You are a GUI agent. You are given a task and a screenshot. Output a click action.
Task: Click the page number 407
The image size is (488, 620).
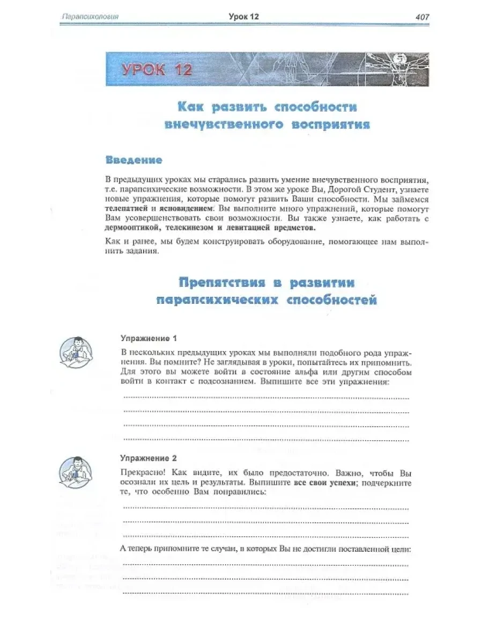coord(422,17)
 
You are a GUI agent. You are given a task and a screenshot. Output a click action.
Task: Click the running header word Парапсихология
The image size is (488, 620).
coord(90,17)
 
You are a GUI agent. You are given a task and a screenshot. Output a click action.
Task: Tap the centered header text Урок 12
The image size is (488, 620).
coord(244,17)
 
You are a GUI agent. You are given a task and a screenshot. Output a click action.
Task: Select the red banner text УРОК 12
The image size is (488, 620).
coord(157,70)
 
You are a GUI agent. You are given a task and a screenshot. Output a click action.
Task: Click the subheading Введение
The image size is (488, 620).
coord(134,161)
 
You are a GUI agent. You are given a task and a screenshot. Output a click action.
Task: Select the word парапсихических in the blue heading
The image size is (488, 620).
coord(217,300)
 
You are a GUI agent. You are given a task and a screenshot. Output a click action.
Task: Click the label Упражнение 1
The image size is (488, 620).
coord(149,339)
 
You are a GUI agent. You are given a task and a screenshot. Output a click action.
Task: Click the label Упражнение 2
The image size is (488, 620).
coord(149,459)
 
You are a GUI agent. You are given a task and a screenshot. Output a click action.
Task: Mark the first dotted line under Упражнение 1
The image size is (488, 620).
coord(266,398)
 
